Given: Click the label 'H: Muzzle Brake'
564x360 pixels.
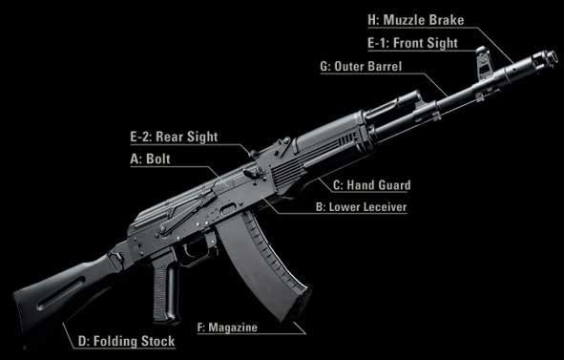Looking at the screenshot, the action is (416, 20).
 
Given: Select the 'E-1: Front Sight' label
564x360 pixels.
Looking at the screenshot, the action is (412, 43).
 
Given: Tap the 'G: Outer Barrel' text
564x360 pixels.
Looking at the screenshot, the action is (361, 66).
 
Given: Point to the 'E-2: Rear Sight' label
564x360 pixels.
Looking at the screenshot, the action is (174, 137).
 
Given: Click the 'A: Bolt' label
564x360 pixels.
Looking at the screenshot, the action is (151, 159).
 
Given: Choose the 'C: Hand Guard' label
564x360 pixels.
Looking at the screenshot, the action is (371, 185).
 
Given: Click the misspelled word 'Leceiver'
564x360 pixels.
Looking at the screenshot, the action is (386, 207).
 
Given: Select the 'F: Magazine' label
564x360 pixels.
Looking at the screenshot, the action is (227, 328).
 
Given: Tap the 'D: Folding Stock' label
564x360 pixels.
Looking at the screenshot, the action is (126, 341).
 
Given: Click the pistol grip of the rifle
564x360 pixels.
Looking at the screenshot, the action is (166, 288).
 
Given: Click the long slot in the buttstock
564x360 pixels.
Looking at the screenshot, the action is (62, 293).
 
